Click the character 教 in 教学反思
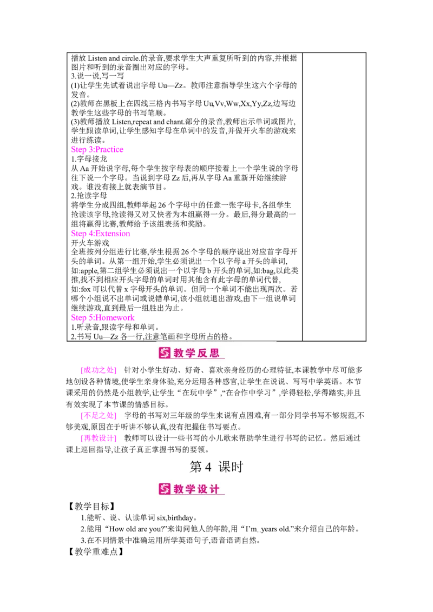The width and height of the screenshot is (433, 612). [x=179, y=354]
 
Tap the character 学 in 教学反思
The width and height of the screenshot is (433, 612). [x=192, y=354]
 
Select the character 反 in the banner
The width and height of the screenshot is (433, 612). [x=204, y=354]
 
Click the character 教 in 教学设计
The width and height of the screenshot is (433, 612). [x=179, y=489]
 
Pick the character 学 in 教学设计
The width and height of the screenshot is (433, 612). [x=192, y=489]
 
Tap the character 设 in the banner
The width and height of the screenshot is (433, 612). [x=204, y=489]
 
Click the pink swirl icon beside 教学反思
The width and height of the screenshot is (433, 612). [x=165, y=353]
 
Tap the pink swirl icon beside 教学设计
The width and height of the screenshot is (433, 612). [x=165, y=489]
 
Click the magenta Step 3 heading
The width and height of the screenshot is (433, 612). [x=97, y=150]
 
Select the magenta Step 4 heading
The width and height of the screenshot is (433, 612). [x=101, y=234]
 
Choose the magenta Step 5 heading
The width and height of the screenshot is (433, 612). [x=102, y=318]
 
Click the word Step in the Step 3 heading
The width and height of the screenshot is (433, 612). [x=78, y=150]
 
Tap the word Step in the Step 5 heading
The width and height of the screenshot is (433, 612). [x=78, y=318]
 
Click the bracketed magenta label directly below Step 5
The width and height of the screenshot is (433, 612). [x=98, y=370]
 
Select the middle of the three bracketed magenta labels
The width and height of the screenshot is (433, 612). [x=98, y=416]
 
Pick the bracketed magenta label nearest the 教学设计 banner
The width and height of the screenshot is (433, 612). [x=98, y=438]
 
